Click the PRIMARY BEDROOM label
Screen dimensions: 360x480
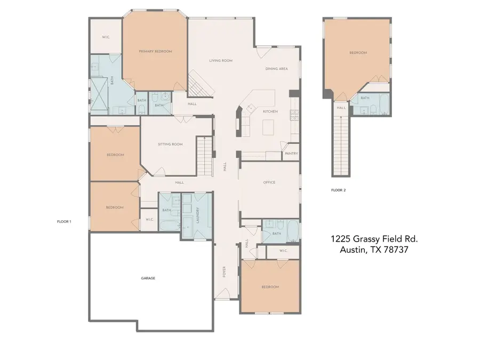(x=155, y=51)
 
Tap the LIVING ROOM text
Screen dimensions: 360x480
(x=221, y=61)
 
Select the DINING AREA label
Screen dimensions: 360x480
(x=277, y=69)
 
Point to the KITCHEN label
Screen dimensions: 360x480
(x=270, y=111)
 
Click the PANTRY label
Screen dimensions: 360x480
(x=291, y=154)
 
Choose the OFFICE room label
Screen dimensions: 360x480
(x=269, y=182)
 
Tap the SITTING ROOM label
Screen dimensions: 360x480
(x=170, y=144)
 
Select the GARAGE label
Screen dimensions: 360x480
(x=148, y=278)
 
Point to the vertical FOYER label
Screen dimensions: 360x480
(x=225, y=273)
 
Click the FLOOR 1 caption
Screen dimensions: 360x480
(x=64, y=221)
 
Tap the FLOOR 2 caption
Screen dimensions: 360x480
(x=338, y=190)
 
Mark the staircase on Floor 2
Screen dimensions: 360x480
(x=341, y=144)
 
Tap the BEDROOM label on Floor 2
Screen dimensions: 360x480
(x=358, y=53)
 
